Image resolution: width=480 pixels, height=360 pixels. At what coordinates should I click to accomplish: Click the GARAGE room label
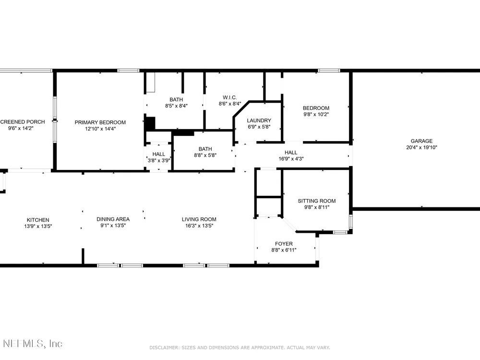click(x=421, y=141)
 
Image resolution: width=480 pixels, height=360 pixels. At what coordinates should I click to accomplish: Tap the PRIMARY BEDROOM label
click(x=100, y=122)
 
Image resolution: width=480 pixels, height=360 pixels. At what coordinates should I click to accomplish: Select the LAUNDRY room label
click(x=259, y=120)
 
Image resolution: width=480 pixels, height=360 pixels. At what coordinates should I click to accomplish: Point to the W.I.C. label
click(x=229, y=97)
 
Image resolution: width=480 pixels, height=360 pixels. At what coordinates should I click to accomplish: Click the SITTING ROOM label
click(x=316, y=201)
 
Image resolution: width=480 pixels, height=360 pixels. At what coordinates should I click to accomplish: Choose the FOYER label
click(x=284, y=244)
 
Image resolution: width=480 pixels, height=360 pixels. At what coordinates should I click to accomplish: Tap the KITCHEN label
click(x=38, y=220)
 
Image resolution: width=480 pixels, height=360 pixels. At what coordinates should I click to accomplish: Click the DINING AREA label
click(x=113, y=219)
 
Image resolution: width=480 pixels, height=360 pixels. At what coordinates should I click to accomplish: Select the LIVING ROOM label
click(x=199, y=219)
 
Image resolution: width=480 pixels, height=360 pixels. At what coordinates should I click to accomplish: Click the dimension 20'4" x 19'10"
click(x=421, y=147)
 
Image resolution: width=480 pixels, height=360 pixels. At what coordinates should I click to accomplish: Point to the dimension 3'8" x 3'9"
click(x=159, y=160)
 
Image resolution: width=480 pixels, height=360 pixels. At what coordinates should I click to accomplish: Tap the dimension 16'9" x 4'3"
click(x=291, y=158)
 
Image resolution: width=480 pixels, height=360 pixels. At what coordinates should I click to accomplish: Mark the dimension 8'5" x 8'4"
click(x=176, y=106)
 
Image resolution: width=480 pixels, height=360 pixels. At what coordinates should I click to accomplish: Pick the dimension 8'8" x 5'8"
click(x=205, y=155)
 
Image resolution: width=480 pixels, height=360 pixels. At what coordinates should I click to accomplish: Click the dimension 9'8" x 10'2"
click(x=316, y=114)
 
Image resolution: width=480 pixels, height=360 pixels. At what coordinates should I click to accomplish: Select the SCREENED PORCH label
click(x=23, y=122)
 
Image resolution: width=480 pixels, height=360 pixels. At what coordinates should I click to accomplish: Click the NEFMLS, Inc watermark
click(x=33, y=344)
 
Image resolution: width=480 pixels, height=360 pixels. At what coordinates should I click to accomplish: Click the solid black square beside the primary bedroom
click(x=150, y=123)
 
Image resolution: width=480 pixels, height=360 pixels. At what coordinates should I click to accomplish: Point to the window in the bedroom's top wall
click(x=329, y=71)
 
